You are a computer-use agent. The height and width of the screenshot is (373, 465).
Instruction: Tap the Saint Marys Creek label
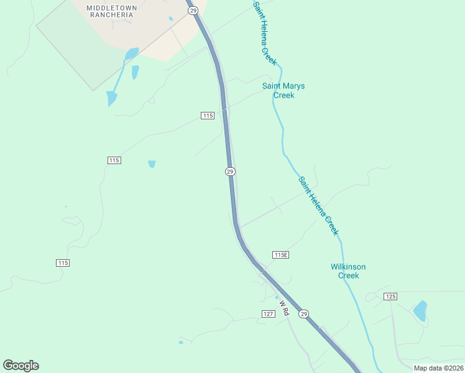(283, 91)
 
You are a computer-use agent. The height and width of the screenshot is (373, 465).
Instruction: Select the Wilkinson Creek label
(348, 271)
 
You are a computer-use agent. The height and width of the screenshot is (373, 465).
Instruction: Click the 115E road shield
(281, 255)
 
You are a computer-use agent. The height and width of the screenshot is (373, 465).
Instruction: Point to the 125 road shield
(390, 296)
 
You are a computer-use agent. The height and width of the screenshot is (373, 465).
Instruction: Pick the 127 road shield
(268, 314)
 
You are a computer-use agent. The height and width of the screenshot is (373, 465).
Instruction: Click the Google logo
(21, 366)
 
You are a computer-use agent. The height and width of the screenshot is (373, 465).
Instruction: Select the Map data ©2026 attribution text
(438, 368)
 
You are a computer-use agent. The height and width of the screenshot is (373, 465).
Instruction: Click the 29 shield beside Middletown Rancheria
(192, 11)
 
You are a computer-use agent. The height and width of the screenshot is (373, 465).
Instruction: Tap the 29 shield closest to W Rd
(303, 314)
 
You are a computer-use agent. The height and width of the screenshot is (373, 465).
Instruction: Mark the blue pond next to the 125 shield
(421, 310)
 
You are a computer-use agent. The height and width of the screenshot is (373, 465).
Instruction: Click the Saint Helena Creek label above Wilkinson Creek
(319, 206)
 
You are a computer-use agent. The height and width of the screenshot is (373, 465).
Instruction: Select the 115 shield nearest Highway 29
(208, 116)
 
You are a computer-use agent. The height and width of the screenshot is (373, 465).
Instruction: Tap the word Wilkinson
(348, 267)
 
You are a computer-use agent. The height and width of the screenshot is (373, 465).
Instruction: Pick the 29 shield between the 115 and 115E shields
(230, 172)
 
